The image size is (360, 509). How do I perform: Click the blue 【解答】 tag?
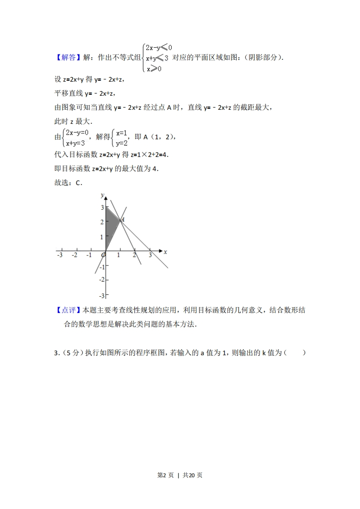pos(68,58)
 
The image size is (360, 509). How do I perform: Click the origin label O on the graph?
pos(103,255)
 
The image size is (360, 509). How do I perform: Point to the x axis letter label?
pos(165,251)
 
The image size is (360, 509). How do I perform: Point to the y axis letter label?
pos(103,195)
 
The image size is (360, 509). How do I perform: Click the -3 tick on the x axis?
pos(59,255)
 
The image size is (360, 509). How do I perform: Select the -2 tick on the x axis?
pos(74,255)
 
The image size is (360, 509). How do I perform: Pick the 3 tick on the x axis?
pos(150,255)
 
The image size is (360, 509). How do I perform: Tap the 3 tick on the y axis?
pos(102,207)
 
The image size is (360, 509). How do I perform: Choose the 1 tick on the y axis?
pos(102,237)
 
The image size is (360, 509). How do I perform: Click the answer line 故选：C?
pos(68,183)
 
